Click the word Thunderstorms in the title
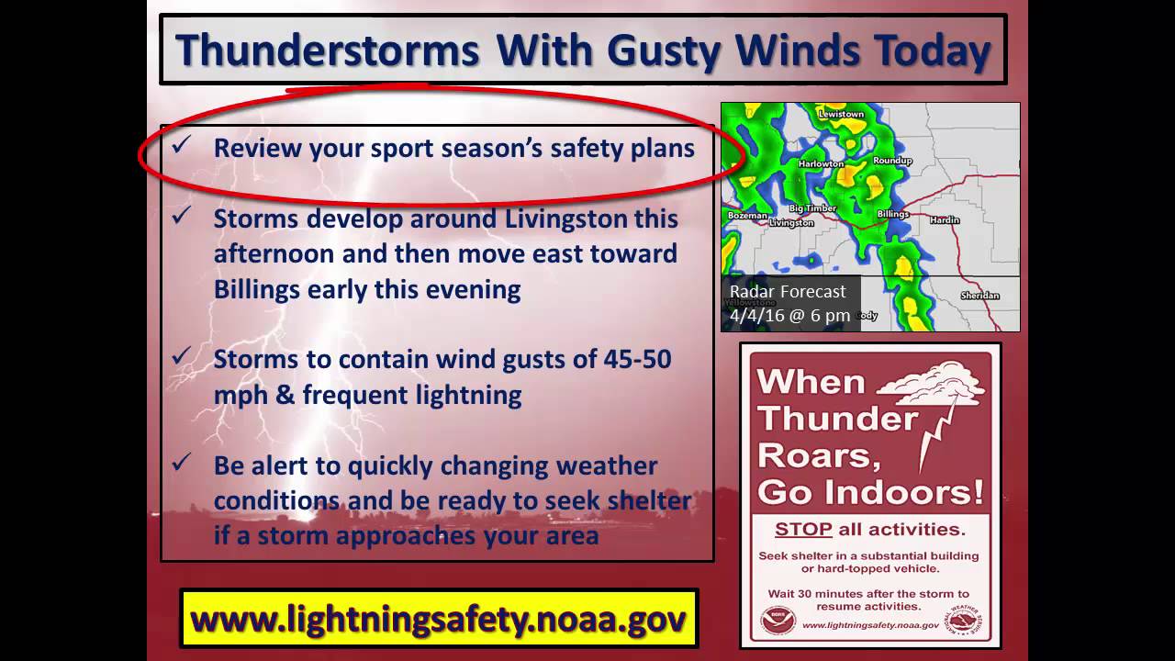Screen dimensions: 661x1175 tap(327, 50)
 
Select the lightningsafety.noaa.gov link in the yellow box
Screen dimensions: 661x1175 tap(439, 619)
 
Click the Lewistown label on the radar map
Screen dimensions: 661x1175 tap(841, 114)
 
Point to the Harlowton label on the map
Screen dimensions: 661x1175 tap(821, 163)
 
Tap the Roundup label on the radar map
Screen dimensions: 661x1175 tap(892, 161)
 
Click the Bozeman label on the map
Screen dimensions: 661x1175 tap(746, 215)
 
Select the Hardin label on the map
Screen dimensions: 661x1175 tap(944, 220)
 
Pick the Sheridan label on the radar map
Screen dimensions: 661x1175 tap(979, 296)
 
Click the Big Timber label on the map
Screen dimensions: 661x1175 tap(812, 208)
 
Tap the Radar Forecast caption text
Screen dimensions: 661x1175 tap(788, 292)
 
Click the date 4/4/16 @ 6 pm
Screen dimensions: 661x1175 tap(789, 315)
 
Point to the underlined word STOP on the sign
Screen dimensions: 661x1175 tap(803, 530)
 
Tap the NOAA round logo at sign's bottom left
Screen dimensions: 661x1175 tap(778, 622)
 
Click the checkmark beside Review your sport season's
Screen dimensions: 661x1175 tap(181, 145)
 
